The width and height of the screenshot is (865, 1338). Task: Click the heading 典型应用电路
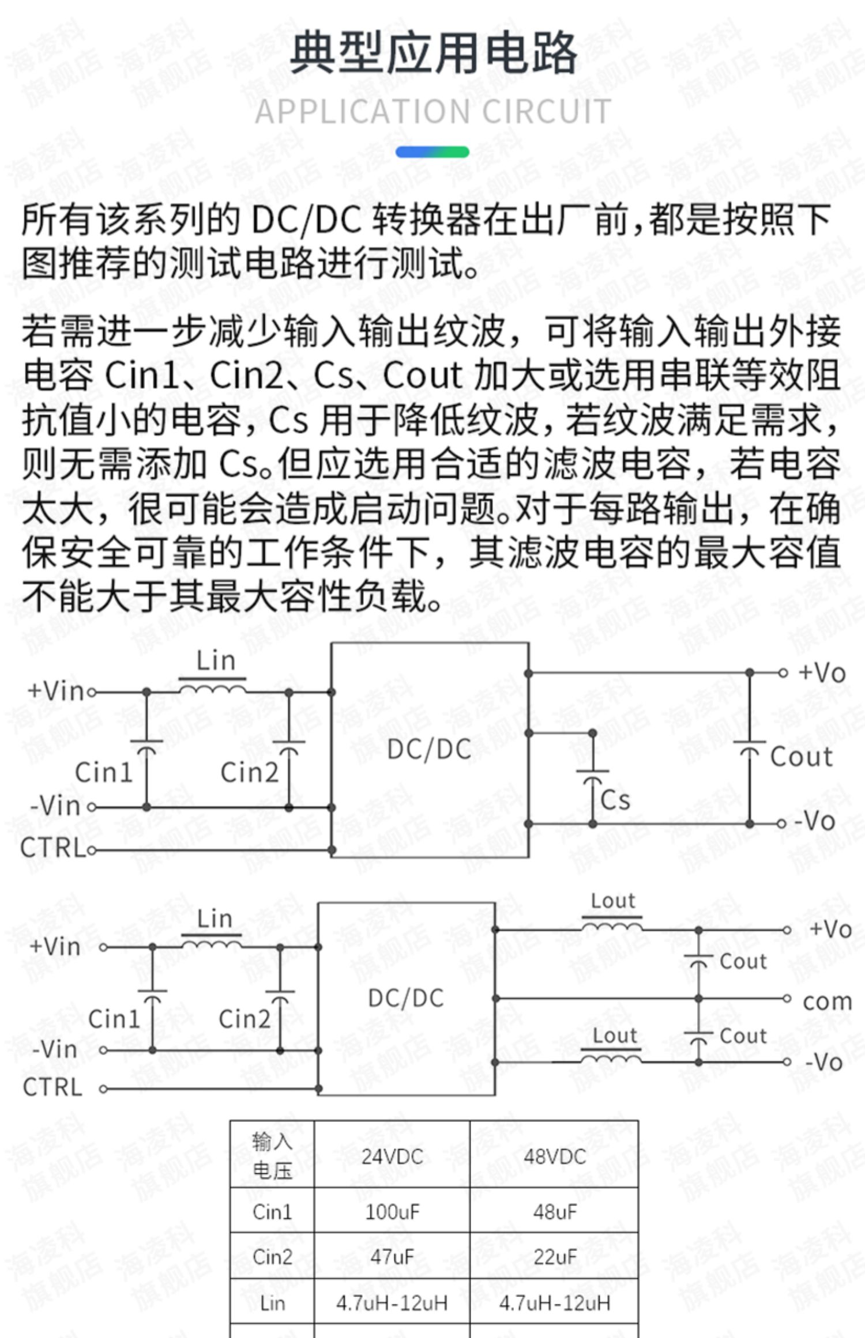tap(432, 54)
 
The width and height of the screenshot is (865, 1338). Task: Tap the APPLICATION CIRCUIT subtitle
tap(432, 112)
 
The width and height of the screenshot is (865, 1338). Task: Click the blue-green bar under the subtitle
tap(432, 152)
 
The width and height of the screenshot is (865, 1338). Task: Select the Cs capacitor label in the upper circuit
tap(615, 800)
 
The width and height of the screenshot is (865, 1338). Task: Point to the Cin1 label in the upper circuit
tap(104, 772)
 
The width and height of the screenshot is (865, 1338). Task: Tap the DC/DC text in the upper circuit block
tap(430, 750)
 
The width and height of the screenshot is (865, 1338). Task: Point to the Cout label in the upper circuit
tap(802, 757)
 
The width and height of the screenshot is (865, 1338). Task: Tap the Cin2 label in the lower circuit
tap(245, 1019)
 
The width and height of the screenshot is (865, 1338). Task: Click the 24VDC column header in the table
tap(392, 1156)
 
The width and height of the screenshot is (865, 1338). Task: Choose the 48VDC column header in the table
tap(555, 1156)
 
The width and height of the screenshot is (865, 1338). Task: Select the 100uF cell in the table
tap(392, 1212)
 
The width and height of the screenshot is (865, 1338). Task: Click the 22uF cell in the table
tap(555, 1257)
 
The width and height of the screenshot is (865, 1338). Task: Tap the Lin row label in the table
tap(272, 1303)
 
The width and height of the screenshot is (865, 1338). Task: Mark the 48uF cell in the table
tap(555, 1212)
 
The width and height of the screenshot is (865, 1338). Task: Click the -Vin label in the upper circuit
tap(55, 806)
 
